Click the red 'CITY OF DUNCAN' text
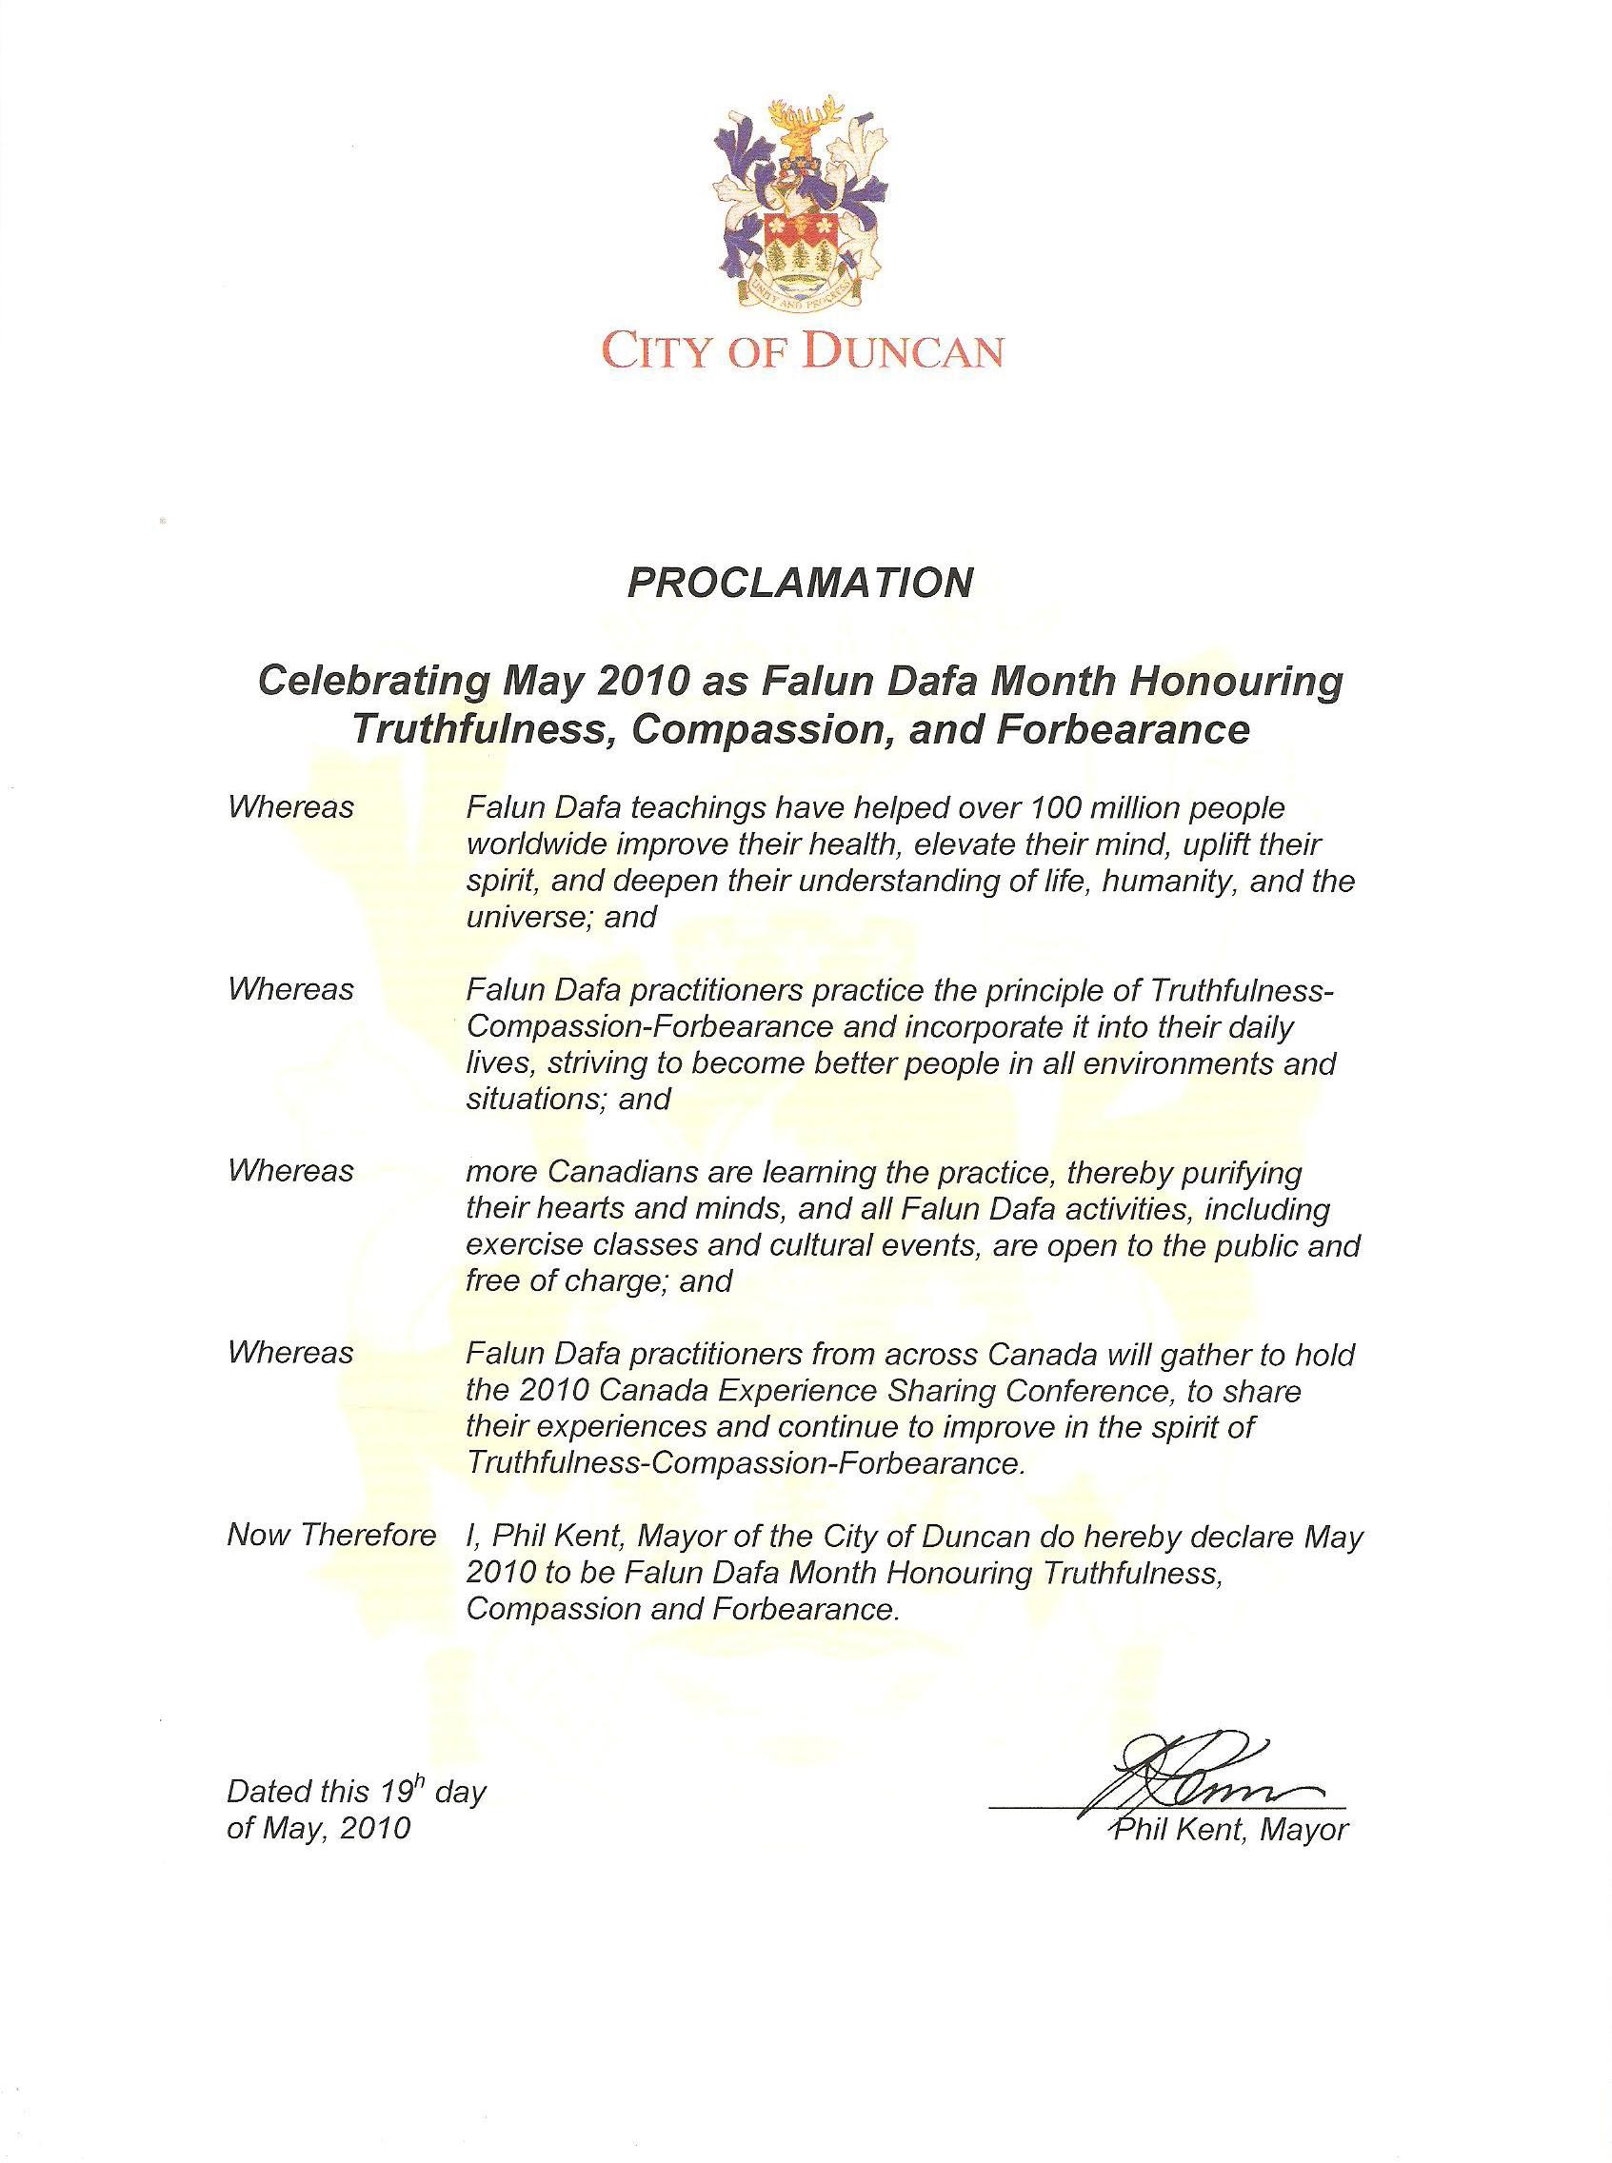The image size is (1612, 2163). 802,350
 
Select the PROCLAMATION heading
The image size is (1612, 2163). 800,583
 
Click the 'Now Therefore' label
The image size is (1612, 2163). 330,1535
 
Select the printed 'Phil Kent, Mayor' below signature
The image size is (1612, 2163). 1230,1830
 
